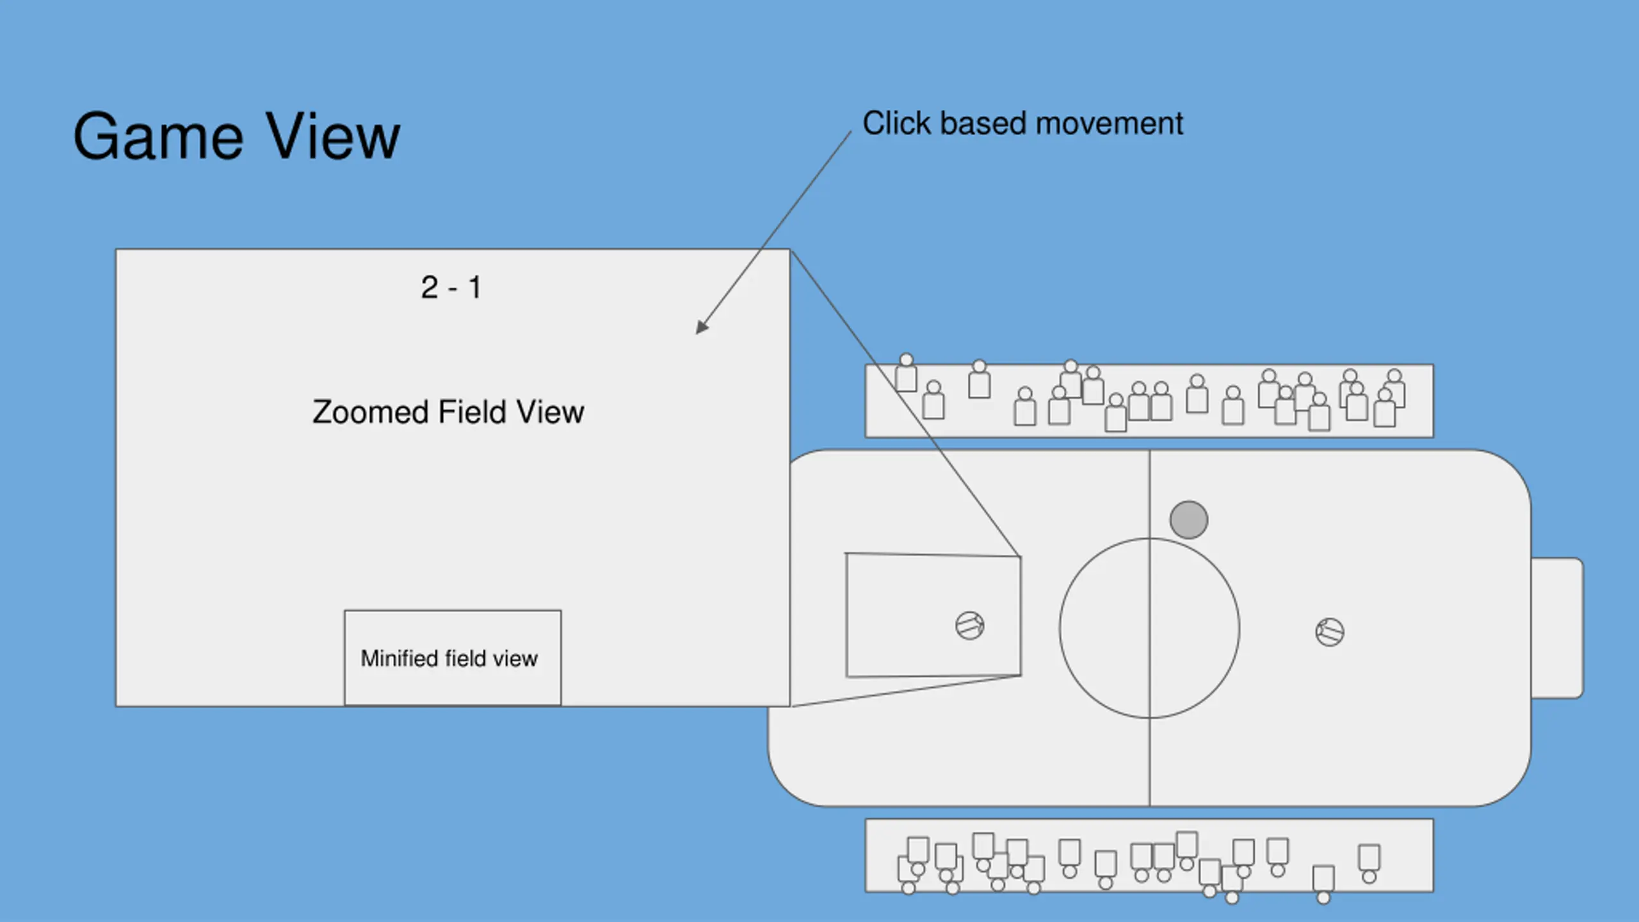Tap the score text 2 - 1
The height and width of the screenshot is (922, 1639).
point(451,287)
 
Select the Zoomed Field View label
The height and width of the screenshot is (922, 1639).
point(448,412)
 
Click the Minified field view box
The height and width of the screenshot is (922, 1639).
point(453,658)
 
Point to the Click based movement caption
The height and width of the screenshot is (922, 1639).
point(1022,124)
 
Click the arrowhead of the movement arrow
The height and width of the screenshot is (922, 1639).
point(702,327)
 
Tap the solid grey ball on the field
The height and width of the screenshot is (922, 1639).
point(1189,519)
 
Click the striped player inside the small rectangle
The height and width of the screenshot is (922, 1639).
point(970,626)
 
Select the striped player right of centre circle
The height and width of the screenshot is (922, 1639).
point(1330,632)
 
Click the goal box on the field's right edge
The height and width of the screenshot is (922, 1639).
point(1557,627)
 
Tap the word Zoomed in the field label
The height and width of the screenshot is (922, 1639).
point(369,412)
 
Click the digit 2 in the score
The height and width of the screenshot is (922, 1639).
point(430,287)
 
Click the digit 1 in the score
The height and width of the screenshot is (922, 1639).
point(474,287)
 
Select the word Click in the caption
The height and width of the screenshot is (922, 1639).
point(896,124)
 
